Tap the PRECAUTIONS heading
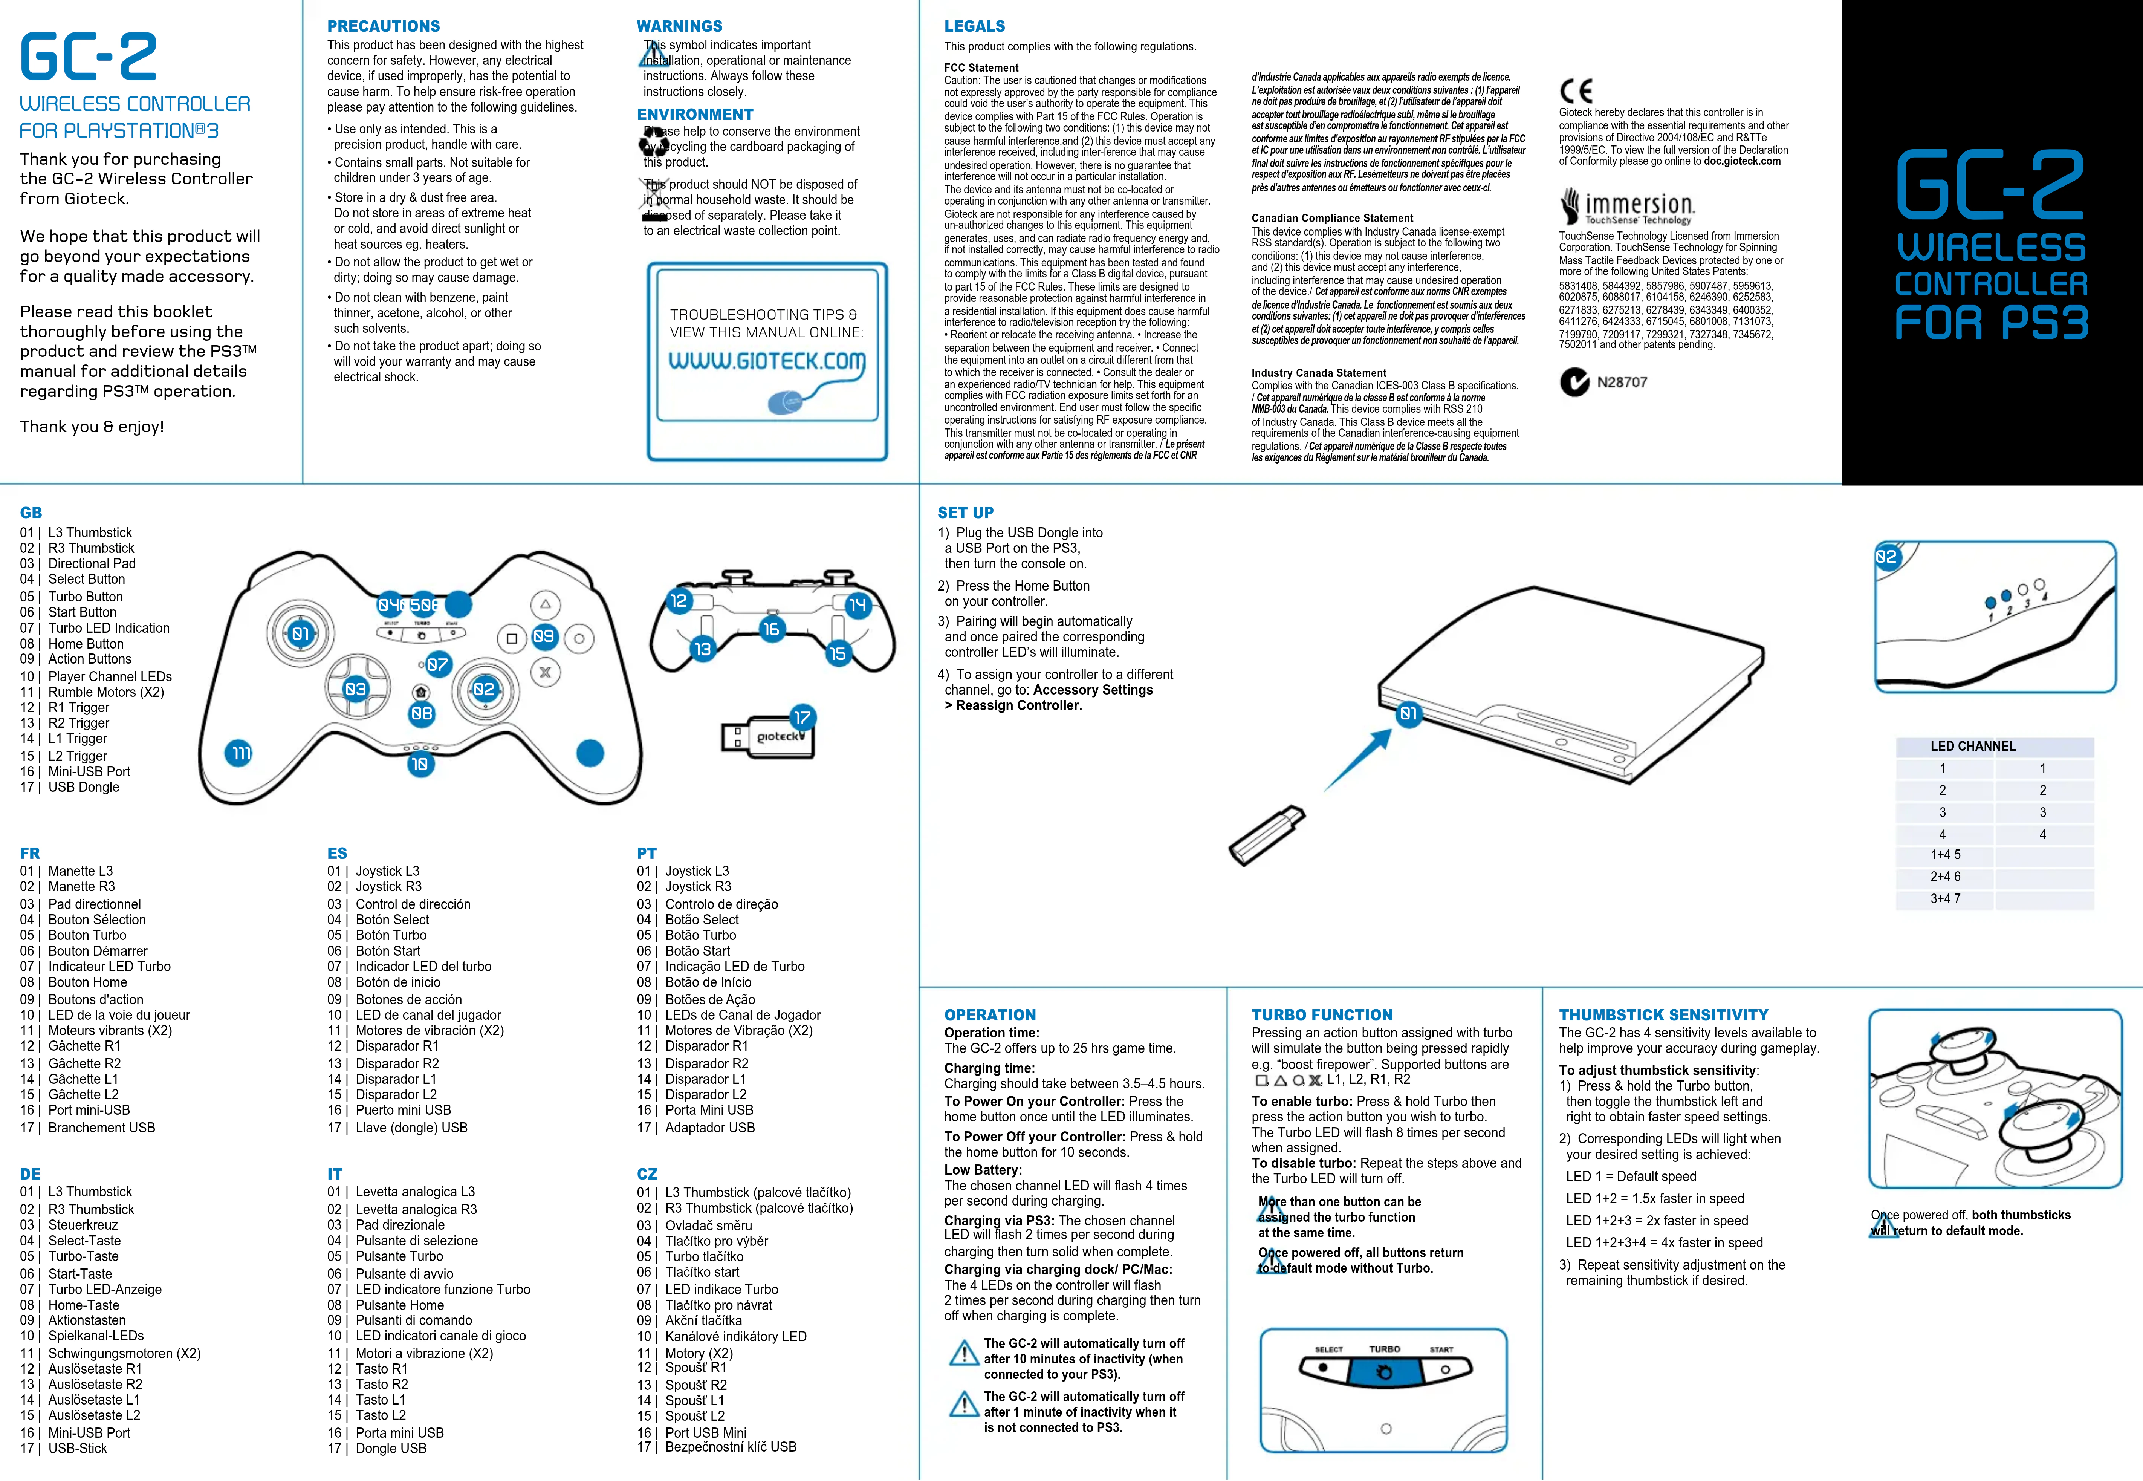click(x=383, y=26)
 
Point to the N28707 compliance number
click(x=1622, y=382)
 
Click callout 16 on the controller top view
click(x=771, y=629)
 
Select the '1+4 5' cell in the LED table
click(x=1946, y=855)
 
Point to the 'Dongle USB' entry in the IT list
click(x=391, y=1449)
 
